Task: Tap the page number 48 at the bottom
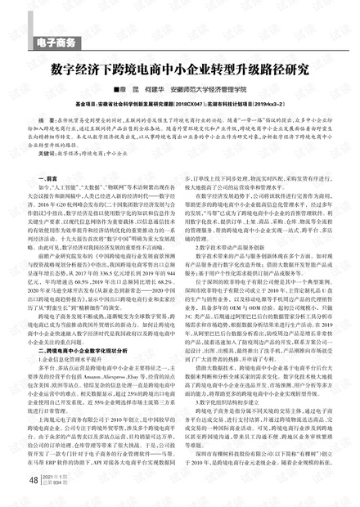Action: [x=34, y=480]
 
